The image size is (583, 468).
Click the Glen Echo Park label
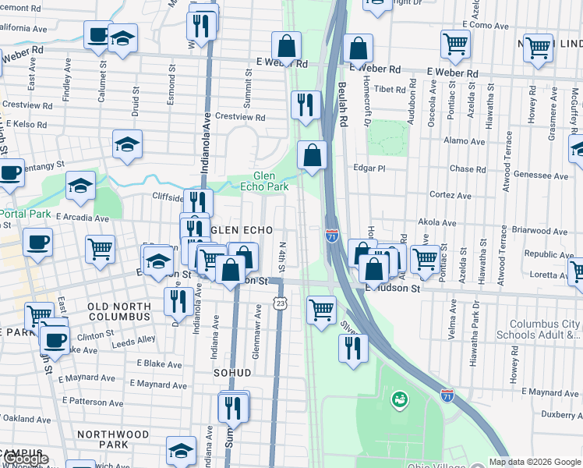tap(270, 181)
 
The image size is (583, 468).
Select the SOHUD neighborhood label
tap(232, 373)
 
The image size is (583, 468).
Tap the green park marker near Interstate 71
tap(400, 400)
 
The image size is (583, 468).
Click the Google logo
tap(25, 459)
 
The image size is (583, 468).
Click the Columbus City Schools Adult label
tap(545, 330)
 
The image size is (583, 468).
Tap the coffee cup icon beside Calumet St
tap(98, 34)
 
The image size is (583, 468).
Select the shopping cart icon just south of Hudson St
tap(321, 309)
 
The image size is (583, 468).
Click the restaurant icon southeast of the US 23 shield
tap(353, 346)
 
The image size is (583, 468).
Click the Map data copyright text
tap(535, 462)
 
